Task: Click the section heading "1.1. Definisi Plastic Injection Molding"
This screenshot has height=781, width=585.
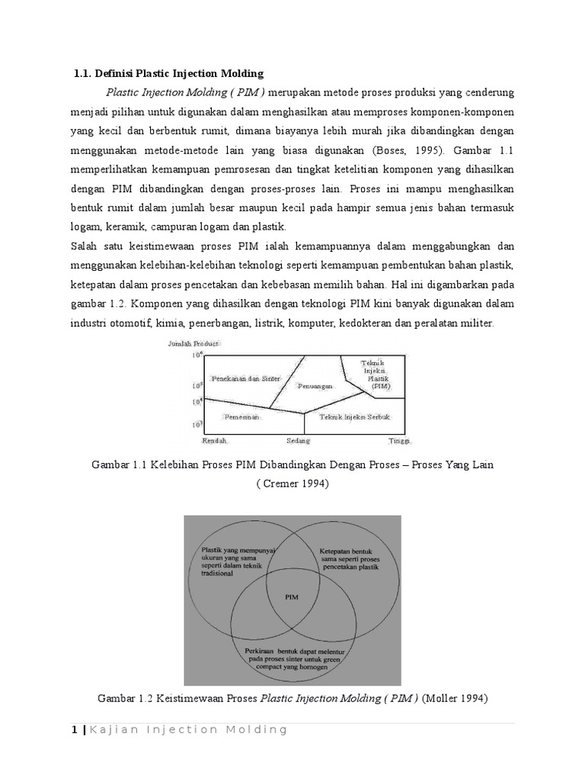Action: click(x=168, y=73)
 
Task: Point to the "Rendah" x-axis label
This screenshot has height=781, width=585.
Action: click(x=215, y=441)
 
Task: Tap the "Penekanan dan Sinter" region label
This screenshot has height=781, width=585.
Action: click(x=245, y=379)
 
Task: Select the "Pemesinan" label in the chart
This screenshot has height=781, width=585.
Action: click(x=241, y=418)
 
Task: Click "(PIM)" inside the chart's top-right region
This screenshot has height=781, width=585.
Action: click(x=381, y=387)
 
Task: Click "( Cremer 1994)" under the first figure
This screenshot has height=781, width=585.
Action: click(x=292, y=484)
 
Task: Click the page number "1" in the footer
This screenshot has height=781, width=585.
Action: click(x=74, y=730)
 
